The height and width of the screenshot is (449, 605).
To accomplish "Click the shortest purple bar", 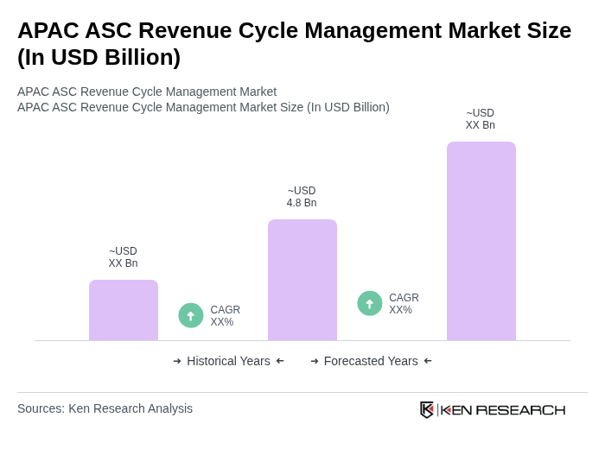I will [x=124, y=310].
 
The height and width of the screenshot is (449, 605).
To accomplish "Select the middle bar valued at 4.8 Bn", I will [x=302, y=280].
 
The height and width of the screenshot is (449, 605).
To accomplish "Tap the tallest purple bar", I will [x=481, y=241].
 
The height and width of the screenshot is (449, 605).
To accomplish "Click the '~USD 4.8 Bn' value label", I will [x=302, y=197].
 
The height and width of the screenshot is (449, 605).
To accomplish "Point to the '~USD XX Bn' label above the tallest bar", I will [x=481, y=119].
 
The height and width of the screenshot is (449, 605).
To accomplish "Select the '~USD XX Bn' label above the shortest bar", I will [x=123, y=257].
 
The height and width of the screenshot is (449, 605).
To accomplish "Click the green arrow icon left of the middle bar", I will [x=191, y=316].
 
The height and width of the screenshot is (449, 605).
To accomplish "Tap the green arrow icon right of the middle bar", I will [x=370, y=304].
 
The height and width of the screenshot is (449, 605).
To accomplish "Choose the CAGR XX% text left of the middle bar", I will [x=225, y=316].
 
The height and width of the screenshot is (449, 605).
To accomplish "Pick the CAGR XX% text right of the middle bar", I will [x=404, y=304].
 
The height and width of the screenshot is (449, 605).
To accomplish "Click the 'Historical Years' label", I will [x=228, y=361].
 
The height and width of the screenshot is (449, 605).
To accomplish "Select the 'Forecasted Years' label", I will [x=371, y=361].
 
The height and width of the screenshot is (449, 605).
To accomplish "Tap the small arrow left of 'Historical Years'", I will [x=177, y=361].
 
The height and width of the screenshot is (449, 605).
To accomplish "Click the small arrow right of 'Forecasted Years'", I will [x=428, y=361].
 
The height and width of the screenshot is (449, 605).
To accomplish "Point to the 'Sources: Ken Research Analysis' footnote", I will [x=105, y=408].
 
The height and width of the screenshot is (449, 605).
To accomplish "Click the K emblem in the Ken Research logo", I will [x=427, y=409].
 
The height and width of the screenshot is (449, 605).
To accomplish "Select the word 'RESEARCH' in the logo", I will [x=520, y=410].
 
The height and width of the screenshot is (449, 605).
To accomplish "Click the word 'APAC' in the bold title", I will [x=48, y=30].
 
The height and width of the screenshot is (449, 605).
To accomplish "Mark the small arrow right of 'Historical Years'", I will [x=280, y=361].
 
